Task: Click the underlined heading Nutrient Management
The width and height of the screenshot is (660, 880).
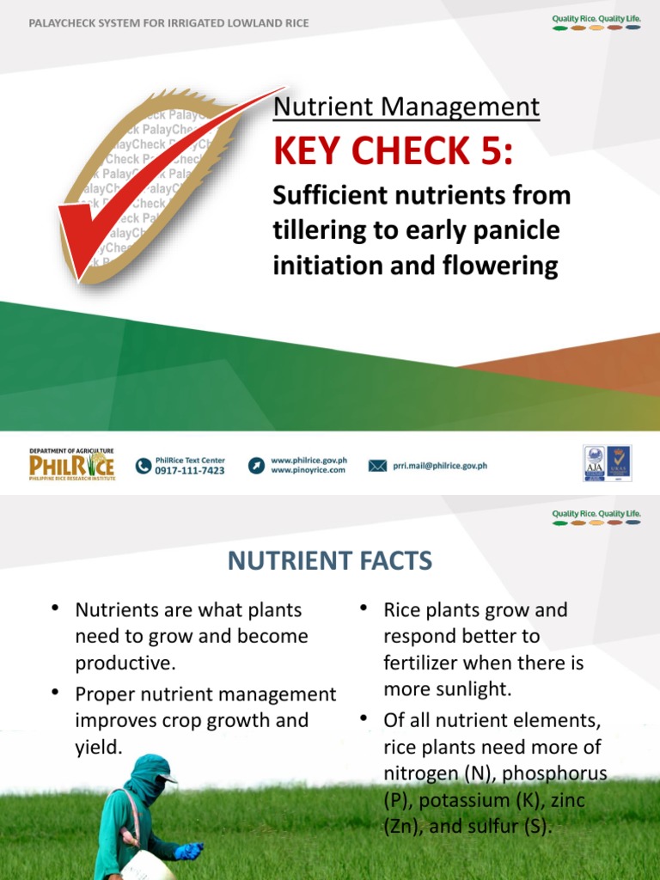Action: tap(406, 107)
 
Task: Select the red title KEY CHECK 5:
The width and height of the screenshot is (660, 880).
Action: tap(393, 152)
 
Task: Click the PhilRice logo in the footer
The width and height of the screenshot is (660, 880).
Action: tap(71, 464)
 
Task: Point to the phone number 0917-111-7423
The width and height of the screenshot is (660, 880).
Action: tap(190, 471)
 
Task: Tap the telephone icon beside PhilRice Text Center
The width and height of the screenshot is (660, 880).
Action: tap(144, 466)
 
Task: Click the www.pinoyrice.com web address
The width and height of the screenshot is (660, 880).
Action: tap(308, 471)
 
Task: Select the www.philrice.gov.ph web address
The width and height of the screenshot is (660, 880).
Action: tap(309, 461)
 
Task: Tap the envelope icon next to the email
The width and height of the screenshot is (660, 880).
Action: tap(377, 466)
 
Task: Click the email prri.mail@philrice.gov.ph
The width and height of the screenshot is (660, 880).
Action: tap(440, 466)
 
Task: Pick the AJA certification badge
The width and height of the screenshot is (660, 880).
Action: tap(594, 462)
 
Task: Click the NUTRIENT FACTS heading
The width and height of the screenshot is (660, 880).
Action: tap(330, 562)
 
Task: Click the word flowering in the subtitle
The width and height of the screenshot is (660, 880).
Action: tap(510, 266)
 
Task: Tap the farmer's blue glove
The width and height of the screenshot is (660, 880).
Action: tap(187, 851)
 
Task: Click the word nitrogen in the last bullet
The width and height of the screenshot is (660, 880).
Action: tap(421, 773)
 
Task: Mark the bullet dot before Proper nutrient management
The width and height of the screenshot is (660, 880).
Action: tap(55, 692)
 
